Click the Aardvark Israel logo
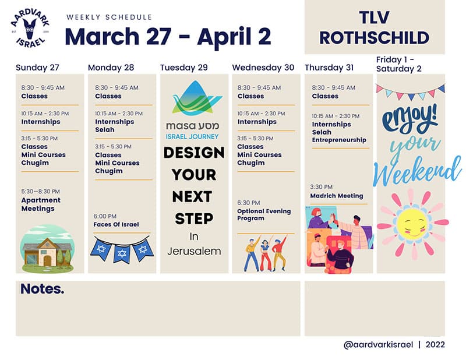30,27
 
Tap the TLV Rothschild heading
374,27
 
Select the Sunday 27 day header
37,68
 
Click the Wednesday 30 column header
263,68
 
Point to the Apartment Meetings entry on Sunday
41,204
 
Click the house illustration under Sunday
47,249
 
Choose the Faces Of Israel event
116,224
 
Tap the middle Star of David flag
122,253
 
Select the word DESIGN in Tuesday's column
194,153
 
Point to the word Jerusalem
194,252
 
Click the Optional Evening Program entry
264,214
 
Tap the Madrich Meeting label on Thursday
337,196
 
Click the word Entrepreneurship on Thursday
339,140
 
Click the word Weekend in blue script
417,170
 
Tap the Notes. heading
42,289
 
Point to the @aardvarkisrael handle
378,344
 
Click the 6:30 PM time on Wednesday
249,203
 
